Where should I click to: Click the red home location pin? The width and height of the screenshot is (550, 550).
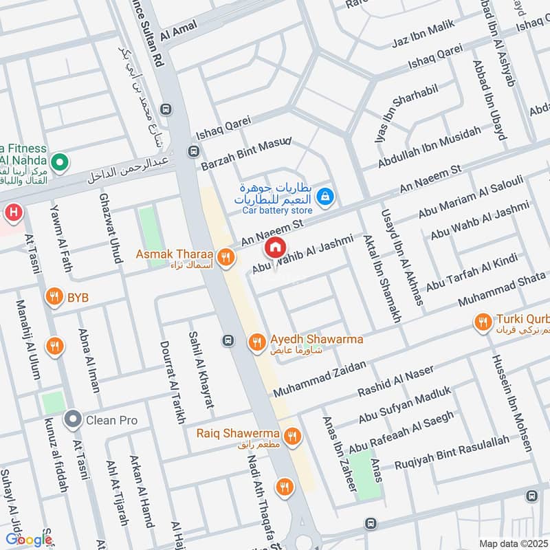click(x=275, y=247)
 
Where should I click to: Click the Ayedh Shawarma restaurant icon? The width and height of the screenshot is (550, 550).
click(x=256, y=341)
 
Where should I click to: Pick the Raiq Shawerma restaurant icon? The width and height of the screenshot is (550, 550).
click(x=293, y=434)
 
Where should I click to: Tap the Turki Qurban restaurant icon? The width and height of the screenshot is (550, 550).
click(x=483, y=322)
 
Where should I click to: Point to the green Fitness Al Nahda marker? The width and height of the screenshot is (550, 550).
click(x=60, y=163)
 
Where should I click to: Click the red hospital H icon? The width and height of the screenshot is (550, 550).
click(x=12, y=213)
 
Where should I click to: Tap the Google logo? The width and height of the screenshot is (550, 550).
click(x=29, y=540)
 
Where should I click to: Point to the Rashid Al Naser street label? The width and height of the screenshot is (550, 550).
click(x=395, y=381)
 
